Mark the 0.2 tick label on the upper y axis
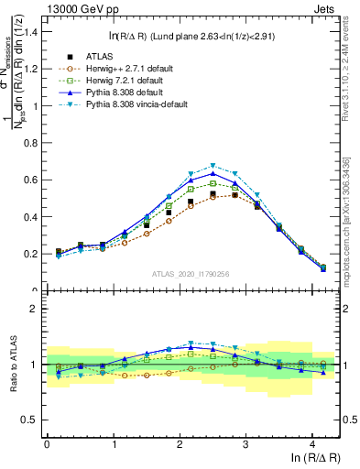point(29,254)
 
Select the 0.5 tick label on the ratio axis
point(29,420)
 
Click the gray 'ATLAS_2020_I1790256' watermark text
point(189,274)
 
